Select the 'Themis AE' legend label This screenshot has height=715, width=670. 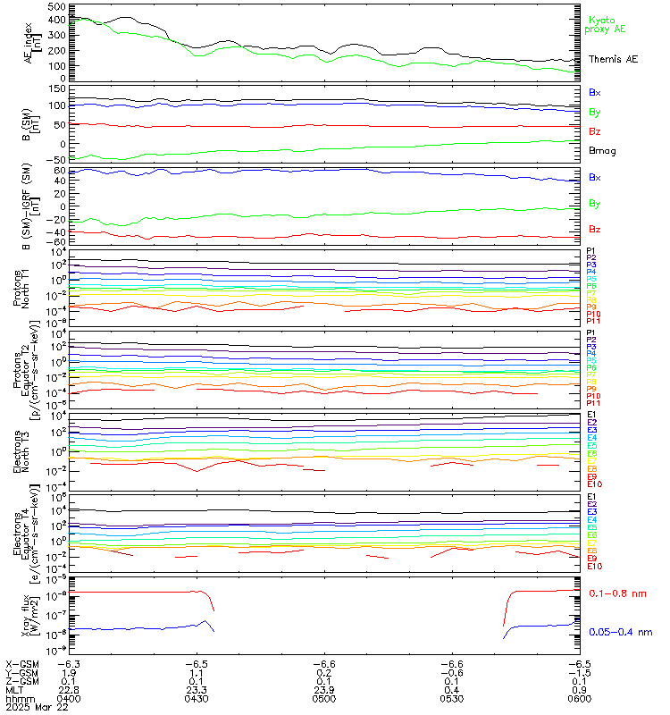click(612, 59)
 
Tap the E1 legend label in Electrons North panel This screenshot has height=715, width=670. click(591, 416)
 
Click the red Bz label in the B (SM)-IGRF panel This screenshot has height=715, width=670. click(594, 230)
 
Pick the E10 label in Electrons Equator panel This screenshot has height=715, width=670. click(594, 566)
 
